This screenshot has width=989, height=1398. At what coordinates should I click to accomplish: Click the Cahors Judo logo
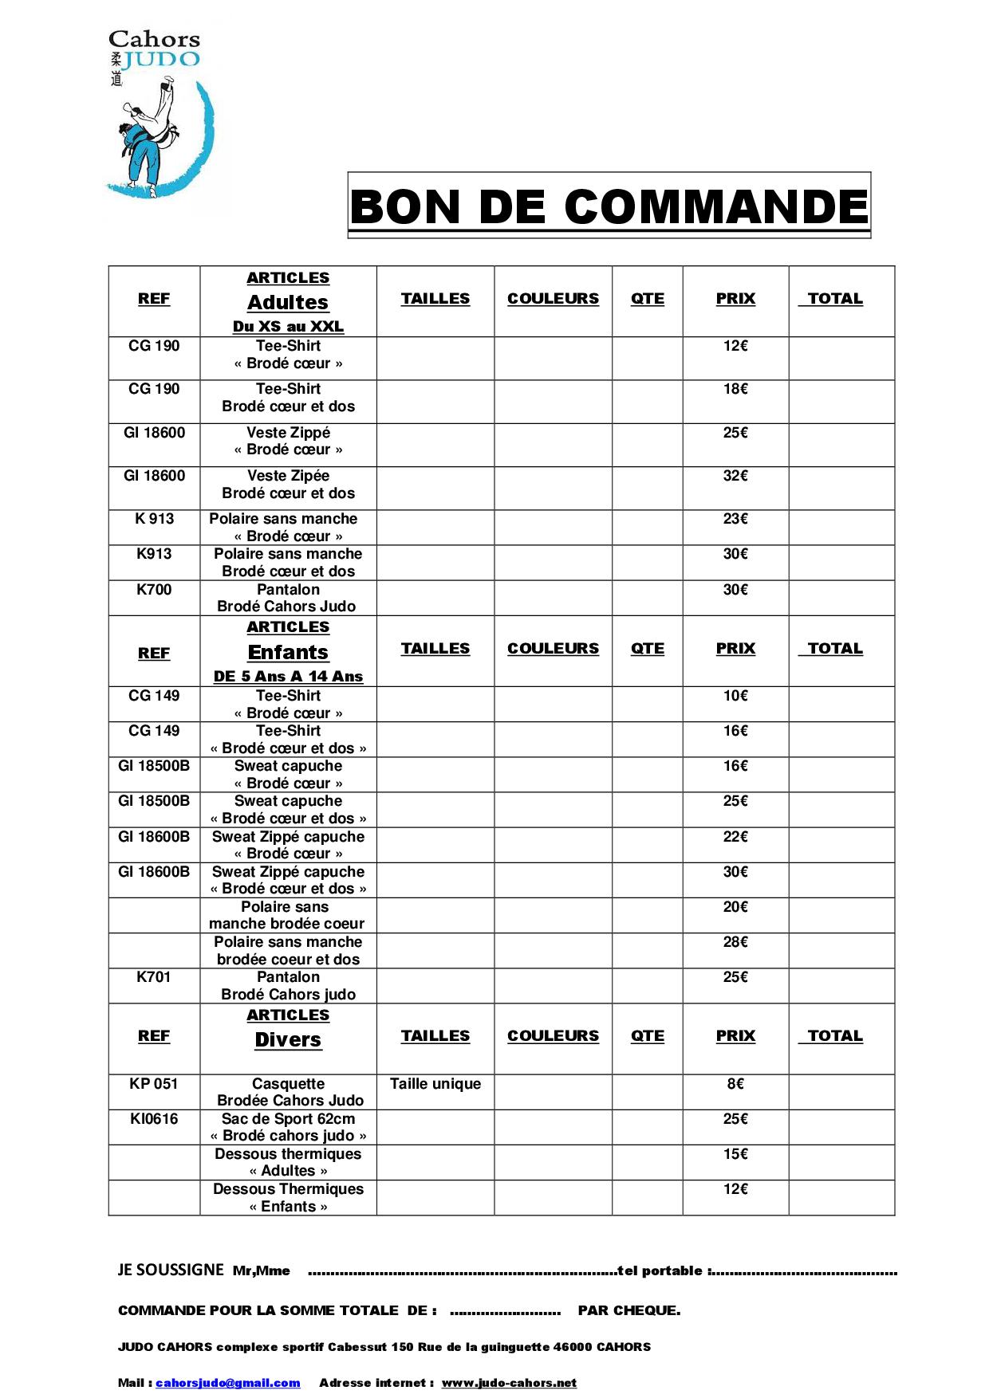click(160, 116)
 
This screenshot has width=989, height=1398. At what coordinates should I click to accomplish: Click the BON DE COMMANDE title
click(609, 206)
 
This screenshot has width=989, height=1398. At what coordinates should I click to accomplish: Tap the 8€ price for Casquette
click(735, 1084)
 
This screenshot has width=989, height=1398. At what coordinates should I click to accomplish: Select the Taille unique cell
click(435, 1084)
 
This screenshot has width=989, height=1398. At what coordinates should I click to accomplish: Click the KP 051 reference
click(154, 1084)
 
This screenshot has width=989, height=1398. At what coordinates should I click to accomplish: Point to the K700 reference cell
click(154, 590)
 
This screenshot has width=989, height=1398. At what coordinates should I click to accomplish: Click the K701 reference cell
click(154, 977)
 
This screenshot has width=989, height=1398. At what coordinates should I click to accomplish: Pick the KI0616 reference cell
click(154, 1119)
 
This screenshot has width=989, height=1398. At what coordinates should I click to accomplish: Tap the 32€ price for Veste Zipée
click(735, 476)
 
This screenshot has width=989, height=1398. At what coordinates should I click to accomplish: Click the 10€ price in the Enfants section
click(735, 696)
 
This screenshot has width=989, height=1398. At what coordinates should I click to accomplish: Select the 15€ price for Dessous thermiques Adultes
click(735, 1154)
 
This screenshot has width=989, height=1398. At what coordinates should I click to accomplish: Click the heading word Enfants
click(288, 652)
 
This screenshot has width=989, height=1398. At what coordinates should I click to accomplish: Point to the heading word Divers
click(288, 1039)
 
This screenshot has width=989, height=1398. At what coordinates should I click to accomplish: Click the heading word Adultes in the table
click(288, 302)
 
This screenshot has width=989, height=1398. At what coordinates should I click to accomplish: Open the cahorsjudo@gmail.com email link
click(228, 1383)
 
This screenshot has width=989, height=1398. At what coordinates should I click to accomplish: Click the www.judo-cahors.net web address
click(509, 1383)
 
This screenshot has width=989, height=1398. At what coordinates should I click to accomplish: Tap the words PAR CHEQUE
click(629, 1310)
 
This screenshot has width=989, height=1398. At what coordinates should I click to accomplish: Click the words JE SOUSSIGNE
click(171, 1270)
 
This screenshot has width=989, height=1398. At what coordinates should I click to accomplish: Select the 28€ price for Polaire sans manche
click(735, 942)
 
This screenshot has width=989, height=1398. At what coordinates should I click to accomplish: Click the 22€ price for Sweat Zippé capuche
click(735, 837)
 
